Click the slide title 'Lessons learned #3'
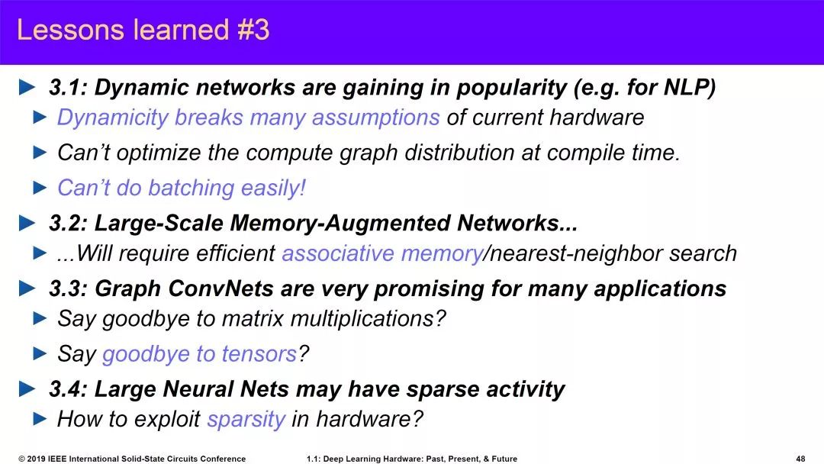[143, 30]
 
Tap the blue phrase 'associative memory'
[382, 253]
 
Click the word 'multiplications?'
[368, 319]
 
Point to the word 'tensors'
[259, 354]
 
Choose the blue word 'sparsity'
[246, 420]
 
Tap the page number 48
[800, 459]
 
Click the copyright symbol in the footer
[21, 459]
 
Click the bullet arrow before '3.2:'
[27, 224]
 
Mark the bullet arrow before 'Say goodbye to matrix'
[40, 318]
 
